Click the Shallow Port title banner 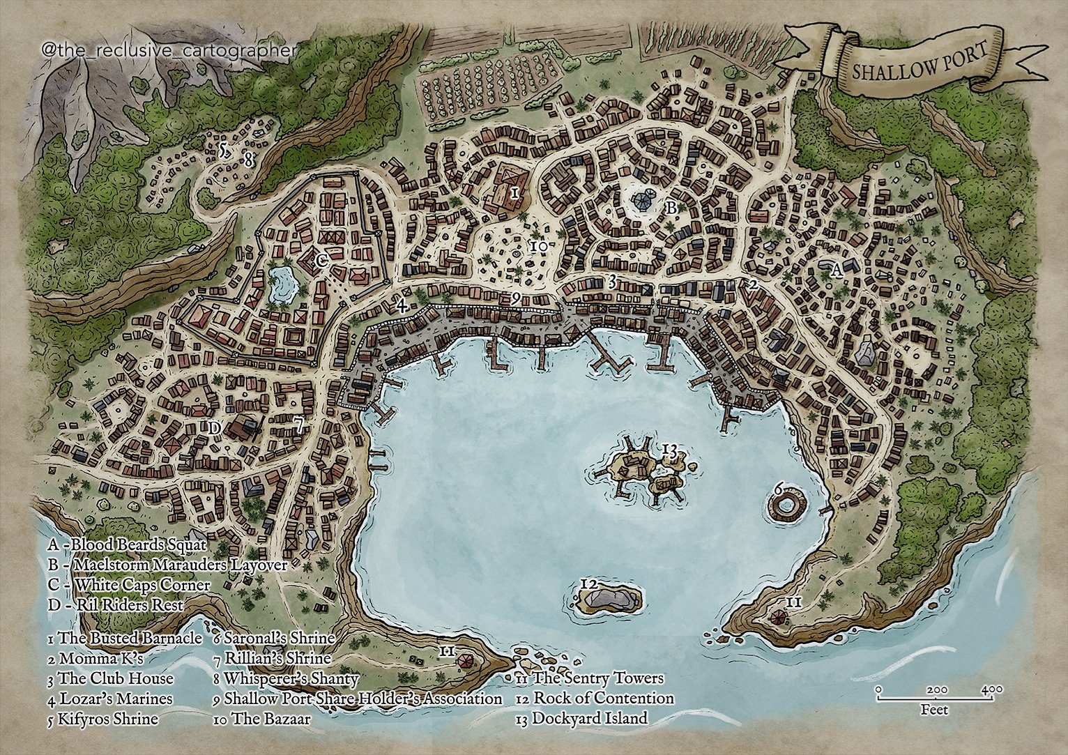(919, 61)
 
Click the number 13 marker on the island (669, 450)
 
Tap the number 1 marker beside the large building (514, 192)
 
